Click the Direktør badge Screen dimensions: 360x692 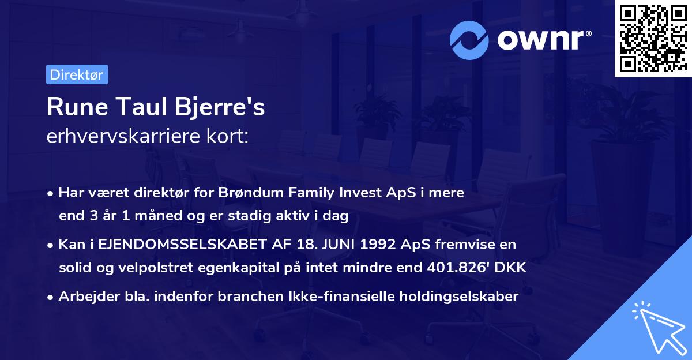click(x=77, y=74)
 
